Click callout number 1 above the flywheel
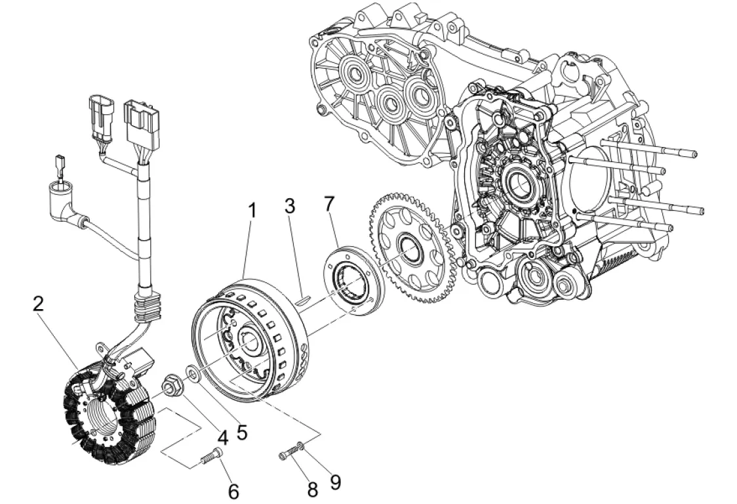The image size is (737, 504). point(252,211)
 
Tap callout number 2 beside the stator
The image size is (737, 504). point(39,304)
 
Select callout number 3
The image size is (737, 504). point(290,206)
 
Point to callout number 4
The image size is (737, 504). point(223,438)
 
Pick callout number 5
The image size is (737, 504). point(241,432)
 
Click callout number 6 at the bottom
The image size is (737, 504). point(233,492)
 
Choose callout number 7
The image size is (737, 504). point(329,204)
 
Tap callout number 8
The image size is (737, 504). point(313,490)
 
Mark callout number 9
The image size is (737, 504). point(335,482)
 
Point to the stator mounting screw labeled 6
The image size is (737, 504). point(212,455)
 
